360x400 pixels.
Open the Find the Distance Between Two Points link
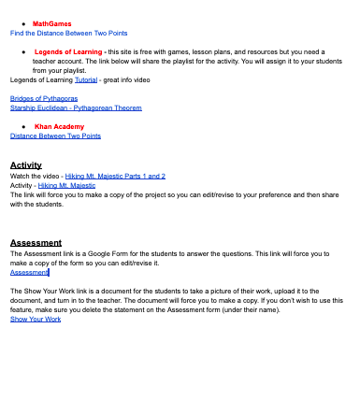tap(68, 33)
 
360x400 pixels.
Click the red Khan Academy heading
tap(59, 126)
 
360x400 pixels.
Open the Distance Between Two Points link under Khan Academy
tap(55, 136)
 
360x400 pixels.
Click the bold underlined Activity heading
tap(26, 165)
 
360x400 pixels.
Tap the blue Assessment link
tap(29, 272)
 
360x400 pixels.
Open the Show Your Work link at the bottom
tap(36, 320)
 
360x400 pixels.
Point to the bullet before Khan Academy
tap(22, 126)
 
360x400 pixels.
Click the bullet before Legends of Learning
tap(22, 51)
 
